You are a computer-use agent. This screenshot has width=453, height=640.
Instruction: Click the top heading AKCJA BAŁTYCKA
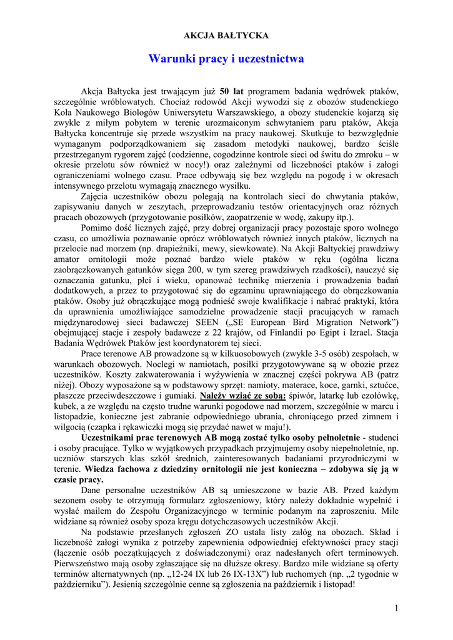click(226, 36)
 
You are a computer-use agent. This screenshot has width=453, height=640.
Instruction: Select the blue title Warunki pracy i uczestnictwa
click(226, 59)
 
